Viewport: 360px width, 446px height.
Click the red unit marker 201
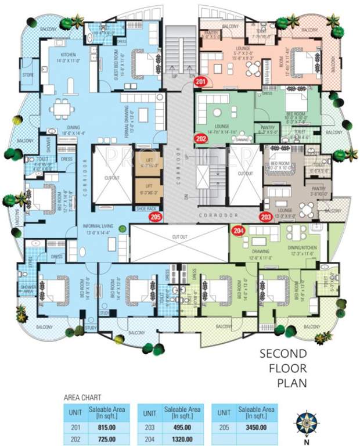(201, 82)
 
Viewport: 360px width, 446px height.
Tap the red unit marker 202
(201, 139)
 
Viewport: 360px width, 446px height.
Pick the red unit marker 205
(155, 218)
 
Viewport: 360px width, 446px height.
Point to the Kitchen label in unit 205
(62, 57)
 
